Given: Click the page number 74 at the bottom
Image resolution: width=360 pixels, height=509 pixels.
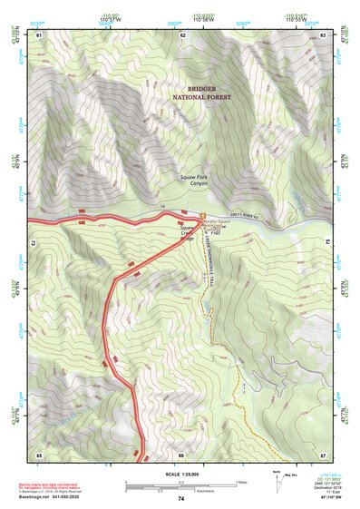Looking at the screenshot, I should pyautogui.click(x=181, y=500).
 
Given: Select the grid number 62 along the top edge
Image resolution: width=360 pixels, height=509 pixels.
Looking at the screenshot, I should pyautogui.click(x=183, y=34).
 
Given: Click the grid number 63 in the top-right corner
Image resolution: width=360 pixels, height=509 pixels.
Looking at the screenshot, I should pyautogui.click(x=324, y=34).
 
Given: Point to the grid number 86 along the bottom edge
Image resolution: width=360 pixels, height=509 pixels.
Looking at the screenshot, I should pyautogui.click(x=181, y=454).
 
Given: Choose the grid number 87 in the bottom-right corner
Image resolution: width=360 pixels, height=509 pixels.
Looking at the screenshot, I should pyautogui.click(x=324, y=454).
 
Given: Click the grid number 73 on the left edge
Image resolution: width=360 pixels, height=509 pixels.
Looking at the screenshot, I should pyautogui.click(x=32, y=242).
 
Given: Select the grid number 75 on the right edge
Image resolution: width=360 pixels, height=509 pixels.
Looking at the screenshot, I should pyautogui.click(x=328, y=242).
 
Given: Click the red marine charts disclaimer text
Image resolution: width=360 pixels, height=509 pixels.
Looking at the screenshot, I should pyautogui.click(x=68, y=485).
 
